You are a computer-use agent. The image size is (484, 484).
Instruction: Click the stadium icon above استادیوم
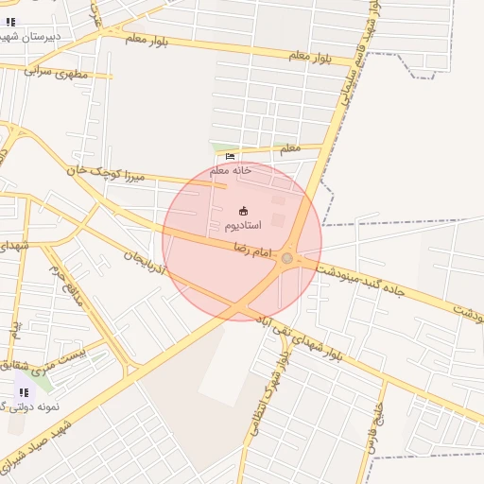click(x=243, y=211)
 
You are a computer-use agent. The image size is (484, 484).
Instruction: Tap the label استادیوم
click(x=243, y=227)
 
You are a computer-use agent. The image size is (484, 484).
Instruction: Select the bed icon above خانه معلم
click(x=231, y=157)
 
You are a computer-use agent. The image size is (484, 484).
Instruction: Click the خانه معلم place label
click(x=231, y=170)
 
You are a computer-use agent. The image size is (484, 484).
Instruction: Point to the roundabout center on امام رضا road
click(x=287, y=258)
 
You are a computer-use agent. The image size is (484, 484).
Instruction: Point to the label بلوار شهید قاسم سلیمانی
click(x=354, y=71)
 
